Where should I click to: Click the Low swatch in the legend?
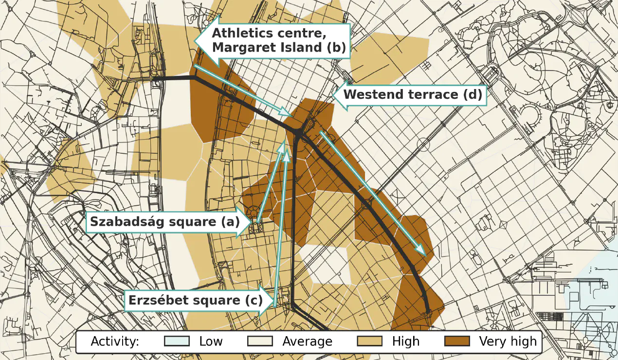coord(177,341)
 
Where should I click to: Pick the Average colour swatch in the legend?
coord(260,341)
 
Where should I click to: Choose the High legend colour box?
coord(370,341)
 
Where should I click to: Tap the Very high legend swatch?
coord(457,341)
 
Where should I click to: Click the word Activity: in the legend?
coord(115,341)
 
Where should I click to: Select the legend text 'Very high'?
coord(508,341)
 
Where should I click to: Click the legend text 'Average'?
coord(307,341)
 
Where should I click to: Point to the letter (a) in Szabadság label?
coord(230,222)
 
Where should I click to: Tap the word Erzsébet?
coord(158,300)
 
